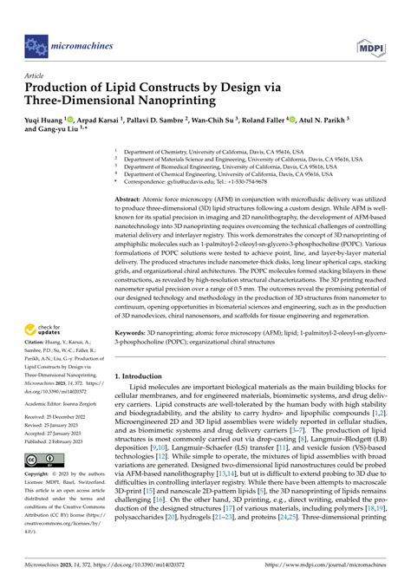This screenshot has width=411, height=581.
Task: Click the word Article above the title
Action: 35,75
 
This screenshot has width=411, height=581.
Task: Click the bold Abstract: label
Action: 131,199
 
